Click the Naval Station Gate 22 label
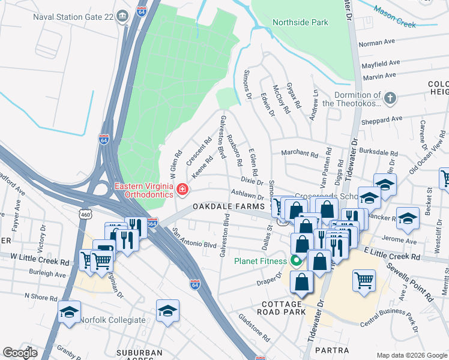click(74, 15)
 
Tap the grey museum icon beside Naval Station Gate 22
click(123, 15)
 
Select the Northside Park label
click(300, 22)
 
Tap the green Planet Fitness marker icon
click(295, 261)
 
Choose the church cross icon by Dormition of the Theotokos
click(390, 97)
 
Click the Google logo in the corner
click(20, 353)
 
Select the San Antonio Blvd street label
click(194, 238)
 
